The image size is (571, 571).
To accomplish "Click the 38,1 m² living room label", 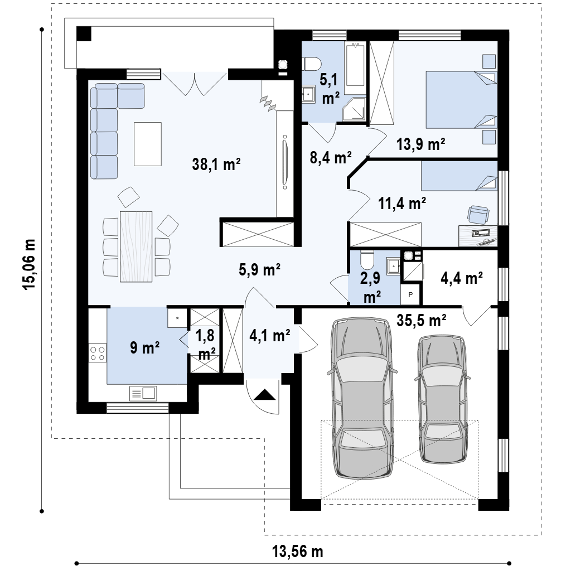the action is pos(216,164).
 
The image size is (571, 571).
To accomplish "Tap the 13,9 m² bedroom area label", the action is pos(420,144).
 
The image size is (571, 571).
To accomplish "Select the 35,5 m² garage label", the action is pos(422,321).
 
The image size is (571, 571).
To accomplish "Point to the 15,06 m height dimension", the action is pos(30,264).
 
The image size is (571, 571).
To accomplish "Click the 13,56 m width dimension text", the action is pos(298,551).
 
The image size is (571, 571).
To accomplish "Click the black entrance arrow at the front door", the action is pos(264,395).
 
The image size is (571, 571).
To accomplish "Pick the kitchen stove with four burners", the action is pos(98,353).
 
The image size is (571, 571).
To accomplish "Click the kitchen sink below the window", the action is pos(143,393).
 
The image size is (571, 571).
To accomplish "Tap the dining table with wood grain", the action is pos(136,246).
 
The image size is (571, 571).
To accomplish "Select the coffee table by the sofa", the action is pos(147,144).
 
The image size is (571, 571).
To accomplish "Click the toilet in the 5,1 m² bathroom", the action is pos(311,64).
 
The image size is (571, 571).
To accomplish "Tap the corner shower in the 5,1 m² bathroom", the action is pos(354,109).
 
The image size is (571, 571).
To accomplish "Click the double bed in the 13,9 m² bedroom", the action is pos(461,100).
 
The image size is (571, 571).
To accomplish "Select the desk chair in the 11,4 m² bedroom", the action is pos(478,215).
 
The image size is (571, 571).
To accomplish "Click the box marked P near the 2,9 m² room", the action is pos(411,295).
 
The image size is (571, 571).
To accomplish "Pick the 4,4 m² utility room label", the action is pos(462,278).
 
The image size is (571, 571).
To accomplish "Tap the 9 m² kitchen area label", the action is pos(144,348).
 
